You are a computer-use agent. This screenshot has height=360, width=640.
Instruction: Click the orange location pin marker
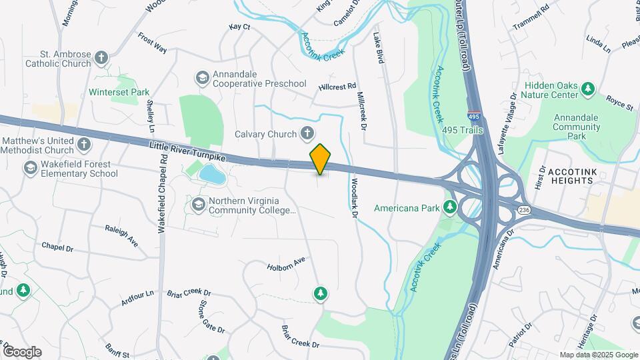pos(320,159)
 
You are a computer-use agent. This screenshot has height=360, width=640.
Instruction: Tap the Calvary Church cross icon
pos(307,133)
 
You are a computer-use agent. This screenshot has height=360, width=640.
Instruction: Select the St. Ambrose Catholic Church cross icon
pos(101,58)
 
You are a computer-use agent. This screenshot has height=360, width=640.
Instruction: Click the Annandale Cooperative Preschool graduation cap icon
pos(201,78)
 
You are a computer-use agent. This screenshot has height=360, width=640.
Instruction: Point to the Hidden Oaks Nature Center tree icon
pos(587,89)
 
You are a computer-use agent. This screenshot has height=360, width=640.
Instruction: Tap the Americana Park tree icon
pos(451,207)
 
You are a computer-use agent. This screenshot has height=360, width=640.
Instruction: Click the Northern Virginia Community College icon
pos(198,204)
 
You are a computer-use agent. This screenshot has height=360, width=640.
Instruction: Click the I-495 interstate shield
pos(474,117)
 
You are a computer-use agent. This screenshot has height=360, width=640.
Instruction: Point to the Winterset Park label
pos(119,92)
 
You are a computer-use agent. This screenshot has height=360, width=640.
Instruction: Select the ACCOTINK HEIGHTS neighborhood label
pos(578,176)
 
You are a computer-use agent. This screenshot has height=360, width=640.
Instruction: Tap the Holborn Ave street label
pos(286,263)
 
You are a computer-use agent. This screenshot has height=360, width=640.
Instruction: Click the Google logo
pos(22,351)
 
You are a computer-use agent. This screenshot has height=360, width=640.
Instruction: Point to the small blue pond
pos(212,175)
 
